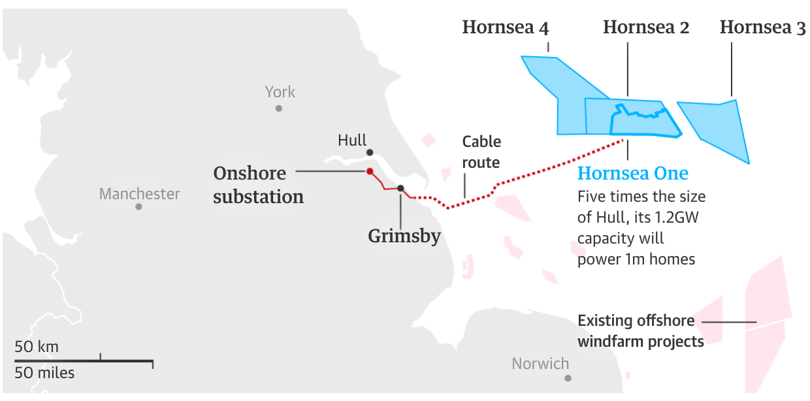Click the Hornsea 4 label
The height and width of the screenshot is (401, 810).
[506, 27]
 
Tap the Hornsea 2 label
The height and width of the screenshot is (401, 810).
[645, 27]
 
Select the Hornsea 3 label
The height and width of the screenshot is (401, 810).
[762, 27]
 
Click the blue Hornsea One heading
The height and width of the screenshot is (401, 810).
[633, 174]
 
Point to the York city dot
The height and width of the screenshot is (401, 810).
[279, 108]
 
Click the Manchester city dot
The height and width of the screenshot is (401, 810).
[138, 206]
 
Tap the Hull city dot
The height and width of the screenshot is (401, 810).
[370, 152]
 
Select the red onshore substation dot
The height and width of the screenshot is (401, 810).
[370, 172]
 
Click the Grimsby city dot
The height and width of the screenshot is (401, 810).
[400, 188]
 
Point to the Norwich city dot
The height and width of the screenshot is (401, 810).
[568, 378]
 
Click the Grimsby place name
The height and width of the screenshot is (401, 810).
[404, 236]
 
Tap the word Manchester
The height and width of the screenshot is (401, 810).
[139, 194]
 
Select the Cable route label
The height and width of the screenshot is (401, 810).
[481, 152]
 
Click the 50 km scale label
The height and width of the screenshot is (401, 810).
[37, 347]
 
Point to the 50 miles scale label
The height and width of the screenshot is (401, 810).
[44, 374]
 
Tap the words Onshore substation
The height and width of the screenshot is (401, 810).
[258, 185]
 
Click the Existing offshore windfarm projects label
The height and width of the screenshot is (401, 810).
[640, 331]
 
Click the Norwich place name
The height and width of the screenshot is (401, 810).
[540, 364]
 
